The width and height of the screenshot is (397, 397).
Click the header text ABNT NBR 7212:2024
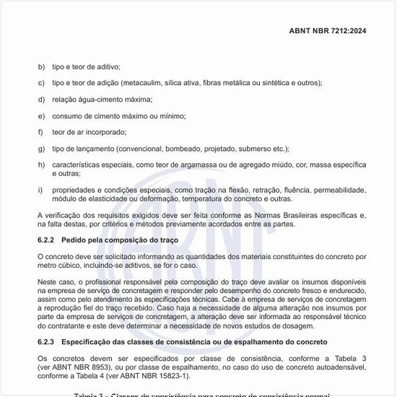[327, 31]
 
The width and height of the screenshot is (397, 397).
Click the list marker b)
[41, 66]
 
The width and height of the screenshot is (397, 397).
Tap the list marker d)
[41, 100]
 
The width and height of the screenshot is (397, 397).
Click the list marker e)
[41, 116]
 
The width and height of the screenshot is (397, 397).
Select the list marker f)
[41, 132]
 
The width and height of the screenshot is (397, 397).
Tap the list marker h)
[41, 165]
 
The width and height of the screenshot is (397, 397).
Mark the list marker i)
[40, 190]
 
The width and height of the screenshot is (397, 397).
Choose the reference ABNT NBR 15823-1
[154, 375]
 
